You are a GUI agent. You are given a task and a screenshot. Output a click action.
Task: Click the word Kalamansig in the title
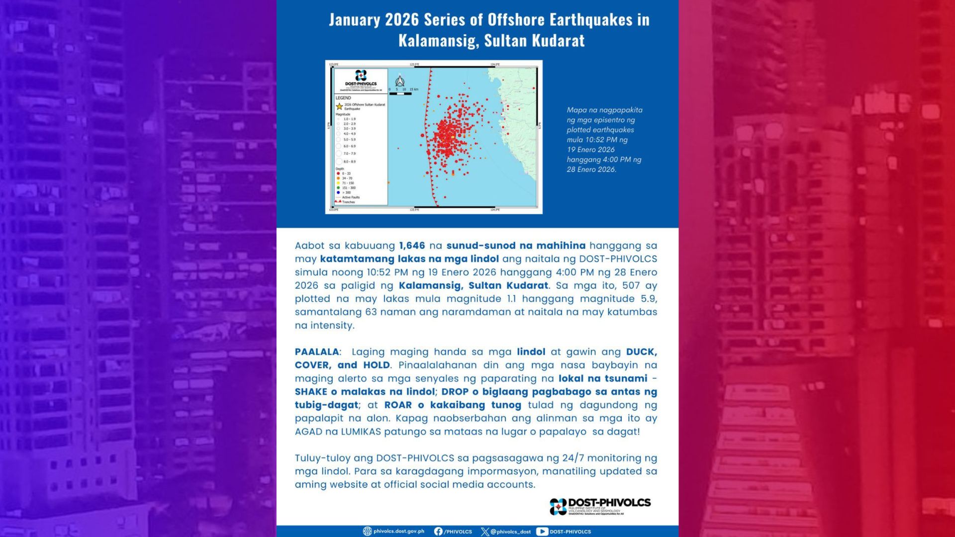pyautogui.click(x=438, y=40)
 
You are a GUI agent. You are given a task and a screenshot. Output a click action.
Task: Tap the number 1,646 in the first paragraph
pyautogui.click(x=412, y=246)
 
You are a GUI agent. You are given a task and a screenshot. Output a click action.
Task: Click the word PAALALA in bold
pyautogui.click(x=317, y=352)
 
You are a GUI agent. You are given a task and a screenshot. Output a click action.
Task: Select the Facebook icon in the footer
pyautogui.click(x=438, y=532)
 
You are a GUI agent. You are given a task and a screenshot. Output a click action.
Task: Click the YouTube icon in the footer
pyautogui.click(x=542, y=532)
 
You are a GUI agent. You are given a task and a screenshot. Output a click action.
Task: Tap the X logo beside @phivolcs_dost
pyautogui.click(x=485, y=532)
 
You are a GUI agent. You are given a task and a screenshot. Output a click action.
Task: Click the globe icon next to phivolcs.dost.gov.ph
pyautogui.click(x=368, y=532)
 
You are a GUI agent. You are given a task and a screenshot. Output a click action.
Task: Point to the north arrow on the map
pyautogui.click(x=399, y=81)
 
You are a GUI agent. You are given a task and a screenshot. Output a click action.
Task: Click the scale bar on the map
pyautogui.click(x=400, y=93)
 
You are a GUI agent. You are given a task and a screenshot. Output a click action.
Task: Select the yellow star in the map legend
pyautogui.click(x=339, y=106)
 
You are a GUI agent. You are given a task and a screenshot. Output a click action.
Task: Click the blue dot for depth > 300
pyautogui.click(x=338, y=192)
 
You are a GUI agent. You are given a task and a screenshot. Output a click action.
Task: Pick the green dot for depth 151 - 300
pyautogui.click(x=338, y=188)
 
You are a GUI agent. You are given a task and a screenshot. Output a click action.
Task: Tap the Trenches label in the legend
pyautogui.click(x=349, y=202)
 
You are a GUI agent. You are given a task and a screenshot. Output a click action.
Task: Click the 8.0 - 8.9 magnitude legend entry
pyautogui.click(x=350, y=162)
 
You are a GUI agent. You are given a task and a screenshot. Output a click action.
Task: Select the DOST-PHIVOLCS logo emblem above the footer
pyautogui.click(x=558, y=506)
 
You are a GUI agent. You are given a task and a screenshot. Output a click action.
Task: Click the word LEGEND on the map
pyautogui.click(x=343, y=98)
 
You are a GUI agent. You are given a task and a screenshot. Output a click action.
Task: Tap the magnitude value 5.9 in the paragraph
pyautogui.click(x=649, y=299)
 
